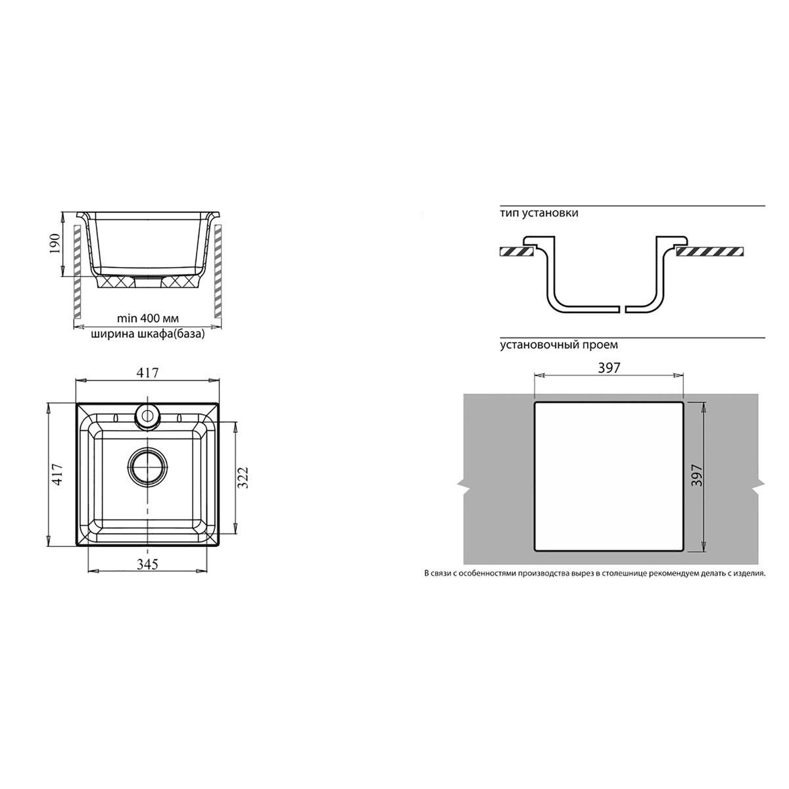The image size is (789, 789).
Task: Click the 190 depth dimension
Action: pyautogui.click(x=55, y=244)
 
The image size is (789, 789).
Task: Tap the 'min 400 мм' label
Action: pyautogui.click(x=148, y=318)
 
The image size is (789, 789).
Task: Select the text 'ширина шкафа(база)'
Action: pyautogui.click(x=147, y=334)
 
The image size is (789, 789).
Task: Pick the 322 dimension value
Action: pyautogui.click(x=243, y=477)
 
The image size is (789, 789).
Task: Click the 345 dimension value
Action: pyautogui.click(x=147, y=564)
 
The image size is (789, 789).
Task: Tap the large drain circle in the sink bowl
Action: pyautogui.click(x=148, y=466)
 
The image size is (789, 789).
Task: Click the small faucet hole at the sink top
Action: pyautogui.click(x=147, y=416)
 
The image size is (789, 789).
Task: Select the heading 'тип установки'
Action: pyautogui.click(x=539, y=213)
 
